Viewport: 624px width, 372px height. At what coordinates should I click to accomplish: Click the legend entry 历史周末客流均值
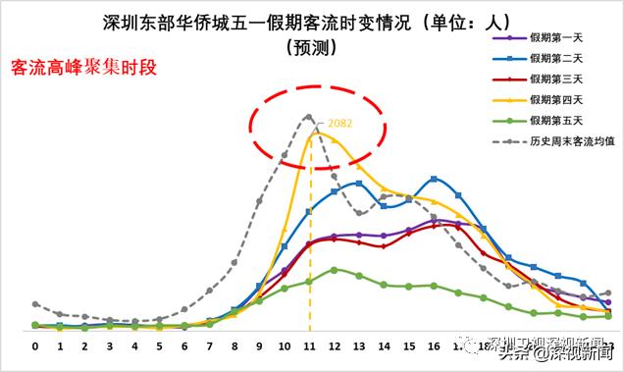pyautogui.click(x=567, y=140)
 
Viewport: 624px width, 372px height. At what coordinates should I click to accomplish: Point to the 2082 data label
pyautogui.click(x=339, y=124)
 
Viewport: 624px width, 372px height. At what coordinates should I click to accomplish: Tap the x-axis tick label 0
pyautogui.click(x=34, y=346)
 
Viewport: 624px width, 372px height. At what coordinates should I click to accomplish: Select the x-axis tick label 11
pyautogui.click(x=310, y=346)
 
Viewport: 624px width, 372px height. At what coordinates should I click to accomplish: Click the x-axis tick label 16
pyautogui.click(x=434, y=346)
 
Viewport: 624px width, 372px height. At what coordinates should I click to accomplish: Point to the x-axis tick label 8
pyautogui.click(x=234, y=346)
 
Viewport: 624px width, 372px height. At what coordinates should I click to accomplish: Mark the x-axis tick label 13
pyautogui.click(x=359, y=346)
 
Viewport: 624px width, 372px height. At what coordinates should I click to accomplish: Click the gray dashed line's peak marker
pyautogui.click(x=309, y=117)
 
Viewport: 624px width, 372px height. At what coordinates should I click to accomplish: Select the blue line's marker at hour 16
pyautogui.click(x=434, y=179)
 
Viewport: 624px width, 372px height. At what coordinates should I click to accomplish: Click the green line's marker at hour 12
pyautogui.click(x=335, y=269)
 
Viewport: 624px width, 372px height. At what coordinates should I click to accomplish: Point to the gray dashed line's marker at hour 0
pyautogui.click(x=34, y=304)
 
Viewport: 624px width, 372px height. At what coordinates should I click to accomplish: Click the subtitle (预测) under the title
pyautogui.click(x=312, y=45)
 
